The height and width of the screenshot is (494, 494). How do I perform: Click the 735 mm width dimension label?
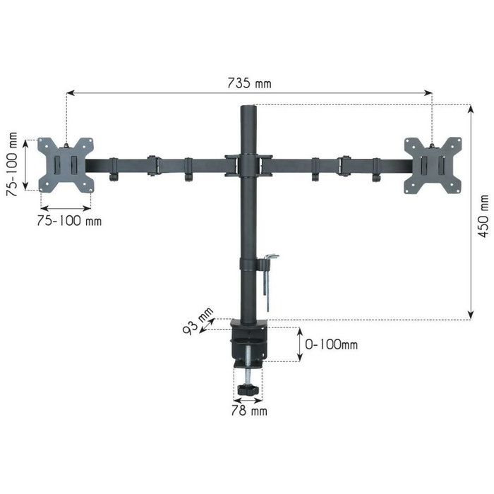coord(248,83)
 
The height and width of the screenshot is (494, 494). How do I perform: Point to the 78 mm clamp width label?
coord(248,409)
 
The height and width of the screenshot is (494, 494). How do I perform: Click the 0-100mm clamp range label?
coord(331,345)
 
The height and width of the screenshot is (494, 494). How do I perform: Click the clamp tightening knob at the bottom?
coord(247,390)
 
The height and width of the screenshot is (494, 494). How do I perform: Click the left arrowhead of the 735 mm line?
coord(68,91)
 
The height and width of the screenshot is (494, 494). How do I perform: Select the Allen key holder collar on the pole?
coord(248,264)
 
